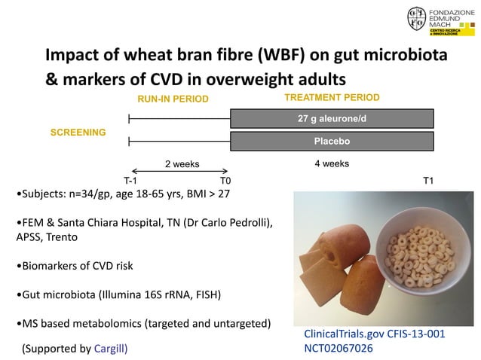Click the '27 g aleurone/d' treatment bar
click(x=332, y=118)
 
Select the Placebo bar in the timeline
click(x=332, y=141)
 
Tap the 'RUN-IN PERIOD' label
click(x=172, y=99)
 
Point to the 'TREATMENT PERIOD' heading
click(x=332, y=98)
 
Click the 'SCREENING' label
click(x=78, y=132)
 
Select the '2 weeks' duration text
click(x=182, y=163)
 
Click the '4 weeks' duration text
click(x=331, y=163)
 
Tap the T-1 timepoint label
click(x=130, y=181)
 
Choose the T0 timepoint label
click(x=225, y=181)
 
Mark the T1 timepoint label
click(x=428, y=181)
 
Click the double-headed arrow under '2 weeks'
click(x=179, y=171)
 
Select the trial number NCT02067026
click(x=339, y=349)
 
